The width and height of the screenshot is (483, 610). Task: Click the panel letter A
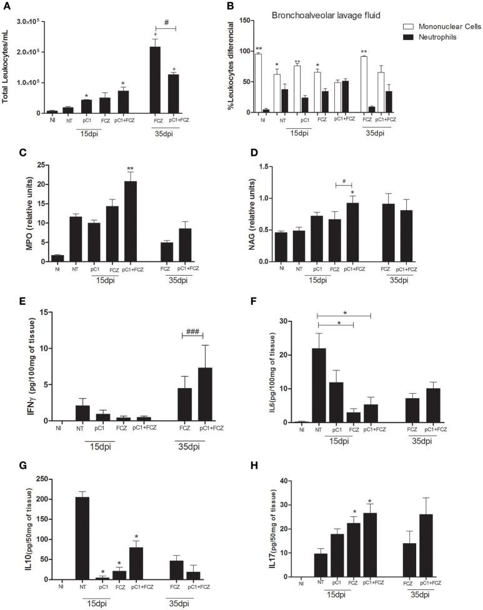6,7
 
